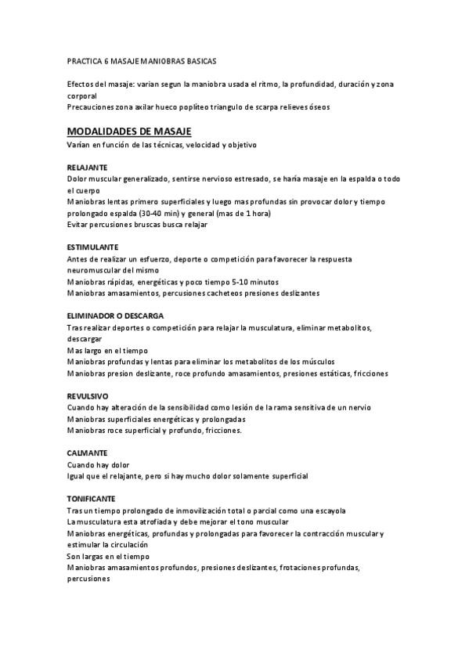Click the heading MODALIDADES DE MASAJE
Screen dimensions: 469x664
coord(129,131)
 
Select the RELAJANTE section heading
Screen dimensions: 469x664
coord(87,167)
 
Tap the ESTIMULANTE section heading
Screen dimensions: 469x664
coord(92,247)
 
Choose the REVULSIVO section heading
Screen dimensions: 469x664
coord(88,395)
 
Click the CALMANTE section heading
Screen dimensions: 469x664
coord(87,453)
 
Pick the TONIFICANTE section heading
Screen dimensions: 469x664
coord(92,498)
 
